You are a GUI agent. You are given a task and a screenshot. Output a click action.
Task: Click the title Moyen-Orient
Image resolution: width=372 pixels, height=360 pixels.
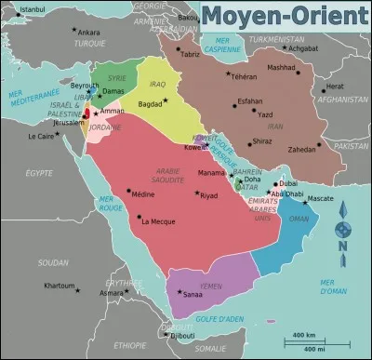tap(285, 16)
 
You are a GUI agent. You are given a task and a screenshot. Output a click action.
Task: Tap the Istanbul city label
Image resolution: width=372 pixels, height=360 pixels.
tap(32, 9)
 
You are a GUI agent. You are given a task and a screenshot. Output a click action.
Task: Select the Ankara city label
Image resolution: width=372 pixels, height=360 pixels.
tap(88, 32)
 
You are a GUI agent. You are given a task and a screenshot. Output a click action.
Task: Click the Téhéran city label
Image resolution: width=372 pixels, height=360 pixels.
tap(244, 76)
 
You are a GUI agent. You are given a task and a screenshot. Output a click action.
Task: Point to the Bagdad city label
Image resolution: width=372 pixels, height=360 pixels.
tap(150, 105)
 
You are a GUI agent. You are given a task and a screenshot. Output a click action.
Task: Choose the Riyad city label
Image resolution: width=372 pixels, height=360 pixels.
tap(208, 195)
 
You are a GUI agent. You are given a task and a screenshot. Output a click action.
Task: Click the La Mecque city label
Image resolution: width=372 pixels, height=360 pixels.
tap(156, 221)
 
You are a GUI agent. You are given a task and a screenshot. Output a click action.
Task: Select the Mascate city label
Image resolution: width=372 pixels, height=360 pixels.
tap(320, 198)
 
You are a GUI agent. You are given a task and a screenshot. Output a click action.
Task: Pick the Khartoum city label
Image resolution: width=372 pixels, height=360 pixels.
tap(59, 286)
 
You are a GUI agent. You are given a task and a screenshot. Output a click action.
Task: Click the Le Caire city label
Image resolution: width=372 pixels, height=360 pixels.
tap(40, 136)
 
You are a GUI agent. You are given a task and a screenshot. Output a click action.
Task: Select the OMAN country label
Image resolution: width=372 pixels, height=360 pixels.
tap(299, 219)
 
